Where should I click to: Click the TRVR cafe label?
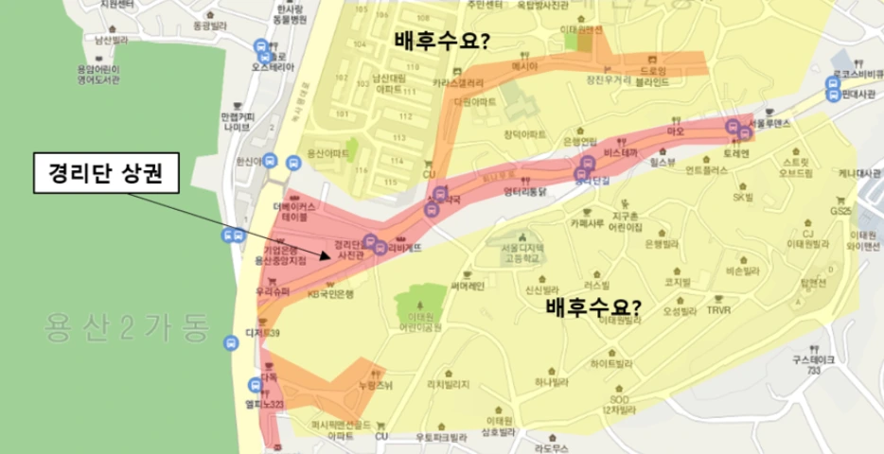718,308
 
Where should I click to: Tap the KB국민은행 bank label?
329,294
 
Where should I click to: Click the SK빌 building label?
742,197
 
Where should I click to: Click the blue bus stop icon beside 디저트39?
231,342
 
